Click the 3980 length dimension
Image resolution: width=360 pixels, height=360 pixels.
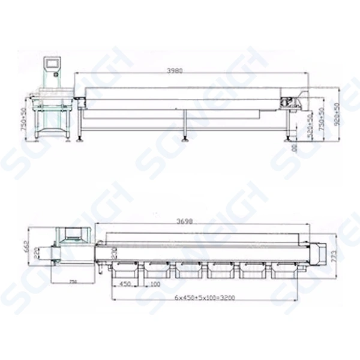pyautogui.click(x=175, y=70)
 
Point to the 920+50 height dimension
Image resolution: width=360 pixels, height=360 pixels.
pyautogui.click(x=337, y=114)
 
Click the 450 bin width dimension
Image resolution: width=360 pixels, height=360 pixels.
pyautogui.click(x=125, y=283)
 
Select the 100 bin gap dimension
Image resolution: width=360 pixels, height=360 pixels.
pyautogui.click(x=155, y=283)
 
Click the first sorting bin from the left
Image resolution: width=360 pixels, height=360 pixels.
pyautogui.click(x=125, y=269)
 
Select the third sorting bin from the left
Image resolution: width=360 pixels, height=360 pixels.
pyautogui.click(x=189, y=269)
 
